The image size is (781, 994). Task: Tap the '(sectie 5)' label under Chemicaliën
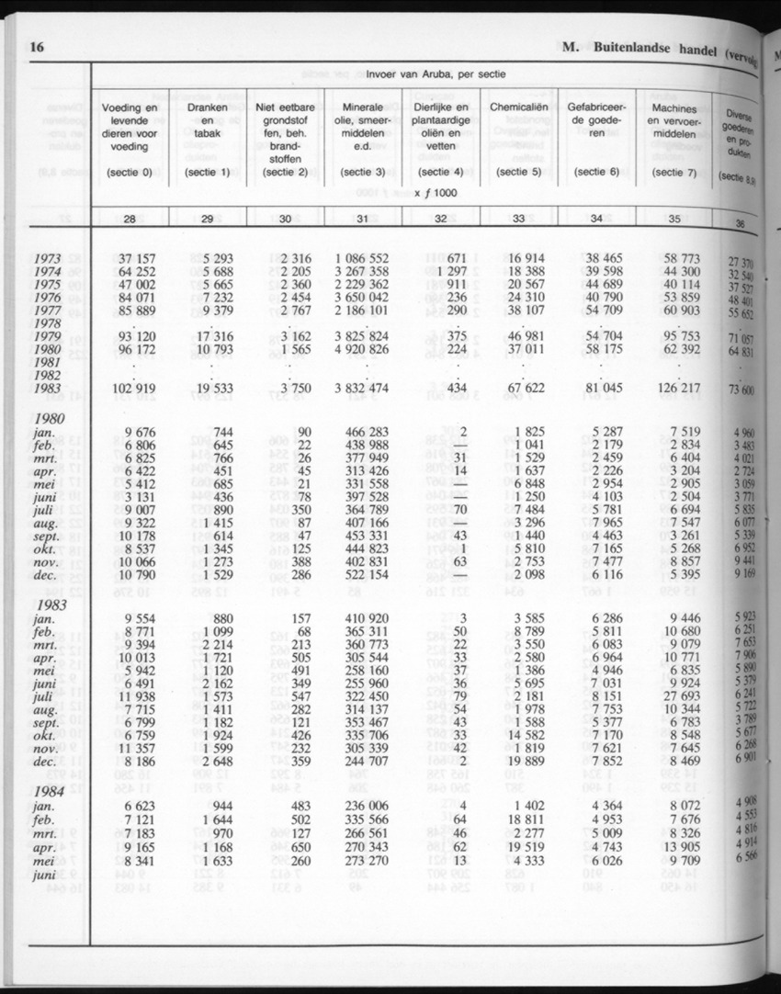coord(517,172)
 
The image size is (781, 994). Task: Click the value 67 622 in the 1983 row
coord(526,390)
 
